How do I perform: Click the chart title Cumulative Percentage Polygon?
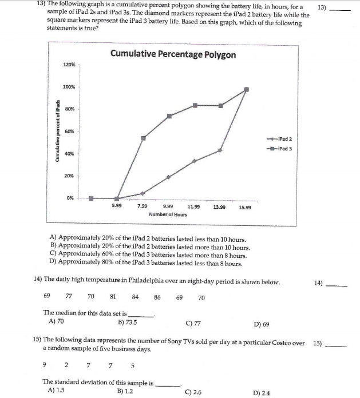172,54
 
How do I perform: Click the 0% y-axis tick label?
69,198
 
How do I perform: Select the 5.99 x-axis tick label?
117,206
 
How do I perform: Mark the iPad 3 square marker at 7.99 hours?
144,138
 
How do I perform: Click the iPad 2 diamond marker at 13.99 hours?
220,150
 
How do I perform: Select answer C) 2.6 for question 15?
194,392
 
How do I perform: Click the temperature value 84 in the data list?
135,297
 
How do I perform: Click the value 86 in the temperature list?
157,297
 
